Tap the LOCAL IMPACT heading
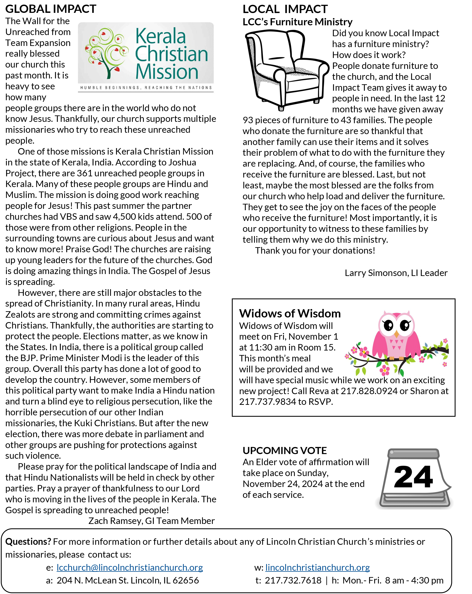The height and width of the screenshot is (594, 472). [285, 9]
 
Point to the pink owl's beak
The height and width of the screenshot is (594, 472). [396, 334]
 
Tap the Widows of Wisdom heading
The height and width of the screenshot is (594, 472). [290, 313]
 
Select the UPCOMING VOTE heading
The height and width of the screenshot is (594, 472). [284, 450]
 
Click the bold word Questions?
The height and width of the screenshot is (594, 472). [28, 541]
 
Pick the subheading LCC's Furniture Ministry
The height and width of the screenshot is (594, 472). [297, 22]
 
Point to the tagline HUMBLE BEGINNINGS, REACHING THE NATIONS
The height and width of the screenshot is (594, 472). [146, 88]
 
